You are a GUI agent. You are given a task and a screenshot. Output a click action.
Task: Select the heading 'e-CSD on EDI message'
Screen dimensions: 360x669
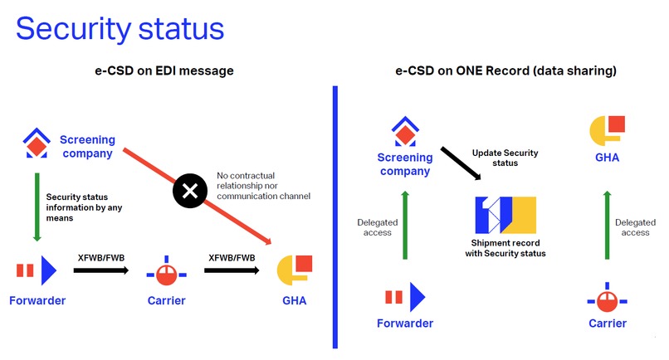164,71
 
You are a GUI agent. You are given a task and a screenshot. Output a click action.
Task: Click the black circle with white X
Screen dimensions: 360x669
189,192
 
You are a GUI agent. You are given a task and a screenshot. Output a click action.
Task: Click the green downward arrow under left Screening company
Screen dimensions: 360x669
36,207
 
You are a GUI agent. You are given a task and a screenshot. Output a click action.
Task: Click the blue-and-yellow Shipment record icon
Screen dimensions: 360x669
505,215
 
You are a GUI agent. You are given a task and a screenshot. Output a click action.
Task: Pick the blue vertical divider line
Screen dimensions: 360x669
334,216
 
